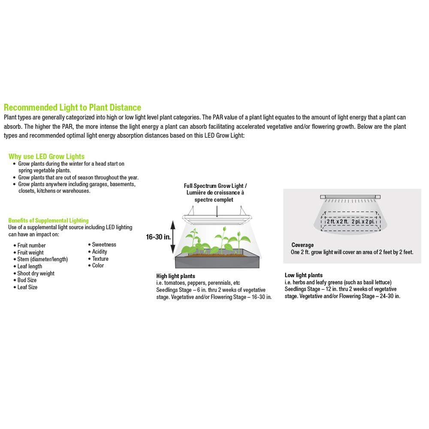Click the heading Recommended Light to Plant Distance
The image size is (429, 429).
click(x=72, y=107)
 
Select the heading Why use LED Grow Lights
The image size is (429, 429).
click(x=46, y=157)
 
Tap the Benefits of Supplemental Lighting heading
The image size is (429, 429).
click(x=48, y=221)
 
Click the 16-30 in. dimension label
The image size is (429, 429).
click(x=158, y=237)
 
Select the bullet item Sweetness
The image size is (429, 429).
click(x=104, y=245)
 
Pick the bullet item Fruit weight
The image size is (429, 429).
click(x=31, y=253)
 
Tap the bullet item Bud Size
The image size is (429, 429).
click(x=27, y=280)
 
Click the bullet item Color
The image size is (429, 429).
click(x=98, y=266)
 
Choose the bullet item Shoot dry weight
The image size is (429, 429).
click(x=36, y=273)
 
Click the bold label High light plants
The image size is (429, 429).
click(x=175, y=276)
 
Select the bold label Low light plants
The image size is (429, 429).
click(x=304, y=275)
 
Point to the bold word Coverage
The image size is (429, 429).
click(x=302, y=245)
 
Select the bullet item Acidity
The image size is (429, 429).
click(x=100, y=252)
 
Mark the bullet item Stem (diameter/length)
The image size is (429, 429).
click(x=42, y=260)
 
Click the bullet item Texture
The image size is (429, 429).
click(x=100, y=259)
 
